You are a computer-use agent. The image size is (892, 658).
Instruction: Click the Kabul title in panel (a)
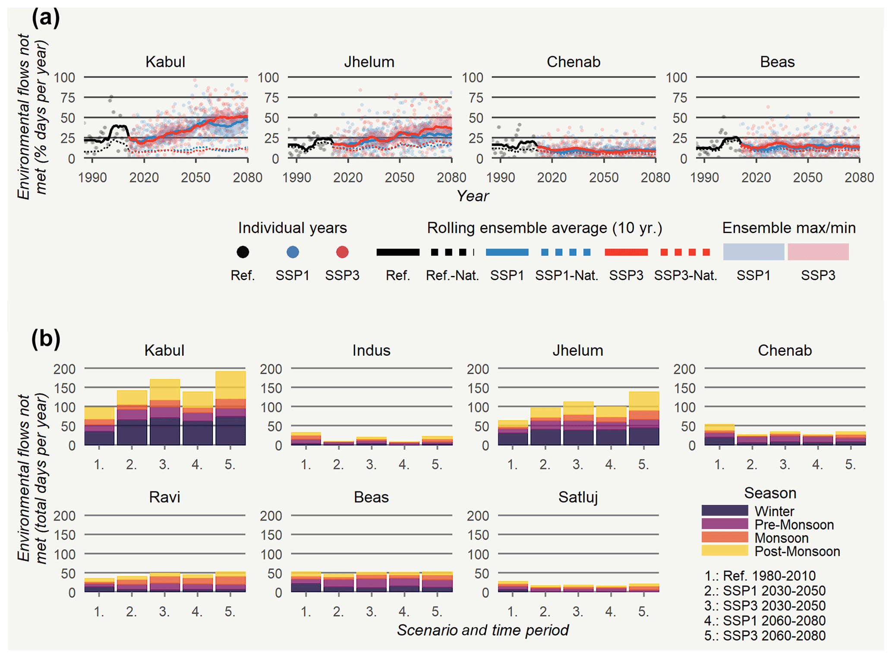click(x=165, y=62)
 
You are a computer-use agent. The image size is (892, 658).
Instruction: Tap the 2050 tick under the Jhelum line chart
click(x=400, y=177)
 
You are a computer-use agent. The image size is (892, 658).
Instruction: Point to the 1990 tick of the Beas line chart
click(x=704, y=177)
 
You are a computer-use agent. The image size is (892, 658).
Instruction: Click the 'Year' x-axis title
click(x=473, y=196)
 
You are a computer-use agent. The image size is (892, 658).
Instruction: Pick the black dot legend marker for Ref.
click(x=243, y=252)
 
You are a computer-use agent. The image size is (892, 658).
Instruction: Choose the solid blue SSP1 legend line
click(x=507, y=252)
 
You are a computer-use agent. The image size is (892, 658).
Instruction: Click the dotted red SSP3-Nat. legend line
click(x=685, y=252)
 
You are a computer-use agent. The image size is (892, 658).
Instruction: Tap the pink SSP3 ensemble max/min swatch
click(x=818, y=252)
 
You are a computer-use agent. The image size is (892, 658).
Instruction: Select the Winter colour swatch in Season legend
click(x=725, y=511)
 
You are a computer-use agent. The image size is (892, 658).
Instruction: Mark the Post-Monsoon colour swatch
click(x=725, y=550)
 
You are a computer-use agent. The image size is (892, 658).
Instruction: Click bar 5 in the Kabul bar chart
click(x=230, y=408)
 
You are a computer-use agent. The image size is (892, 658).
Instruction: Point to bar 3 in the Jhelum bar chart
click(x=578, y=423)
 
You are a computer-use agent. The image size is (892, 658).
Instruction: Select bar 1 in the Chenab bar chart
click(x=719, y=434)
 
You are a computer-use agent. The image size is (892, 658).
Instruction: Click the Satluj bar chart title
click(x=578, y=497)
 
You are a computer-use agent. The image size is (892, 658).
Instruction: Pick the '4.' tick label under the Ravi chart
click(x=197, y=611)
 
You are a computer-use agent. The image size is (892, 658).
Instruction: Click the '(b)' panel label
click(x=45, y=339)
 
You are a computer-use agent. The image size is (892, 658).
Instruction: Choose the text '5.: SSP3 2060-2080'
click(x=765, y=636)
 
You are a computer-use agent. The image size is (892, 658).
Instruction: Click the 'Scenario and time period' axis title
click(x=482, y=630)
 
